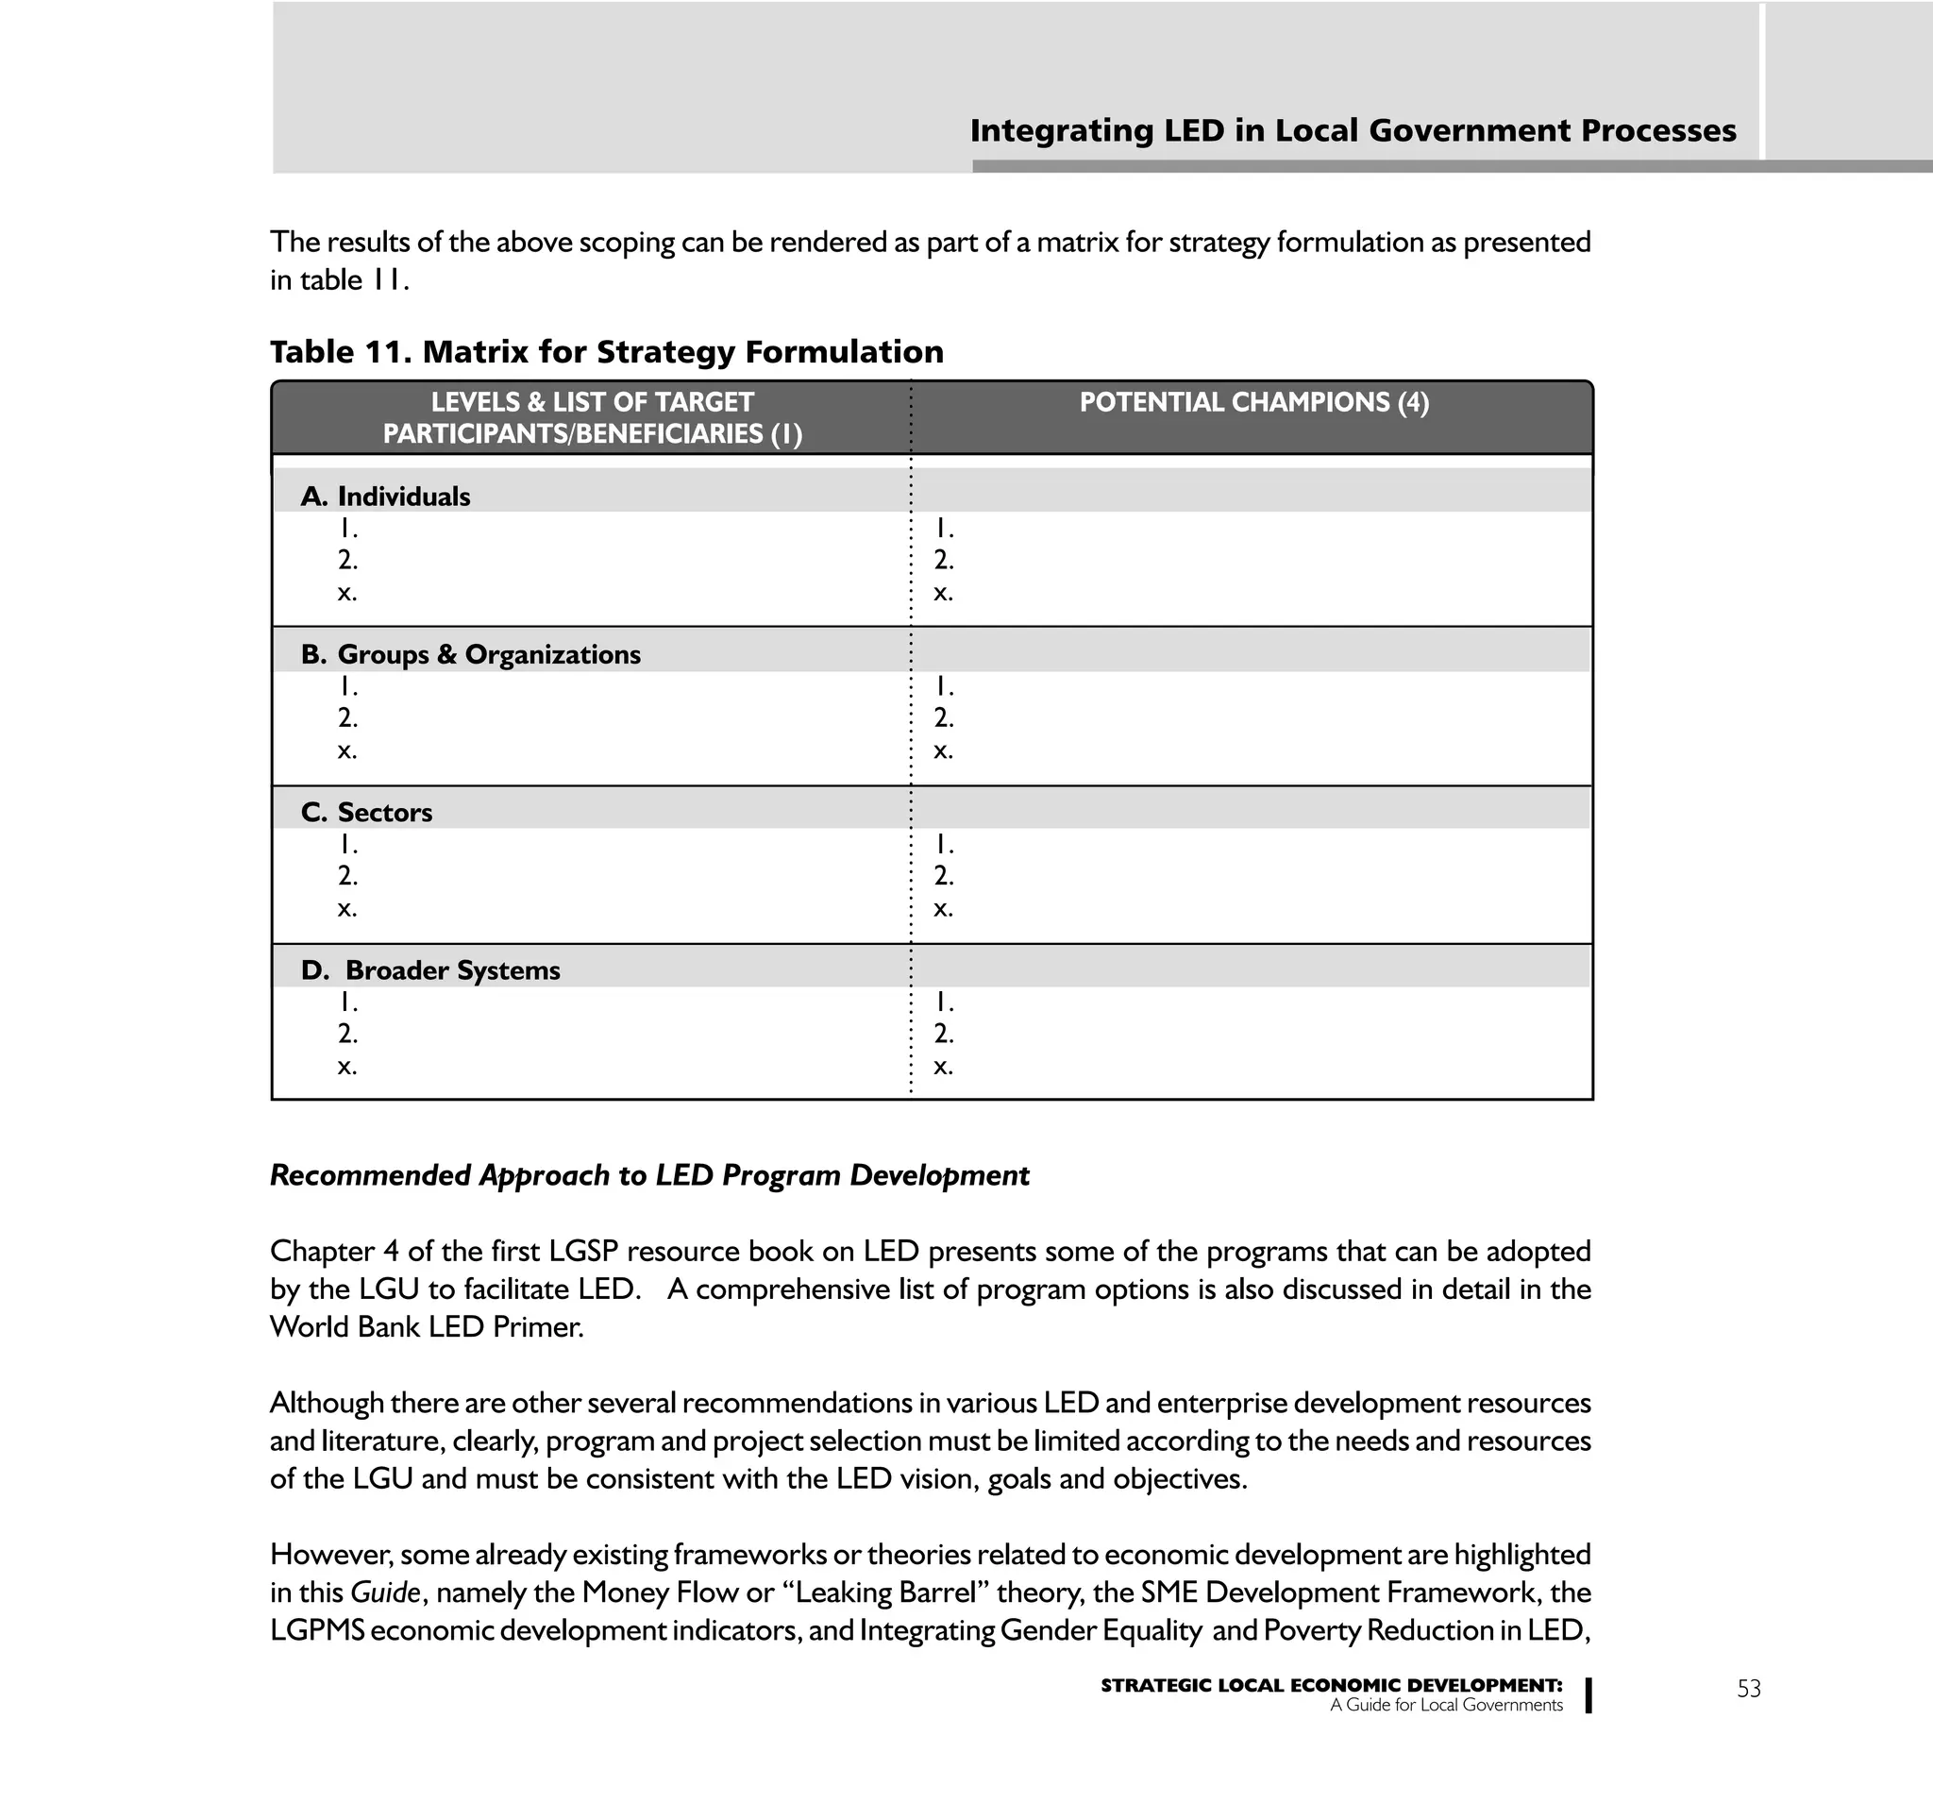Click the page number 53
[x=1747, y=1689]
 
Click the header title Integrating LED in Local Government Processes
[x=1353, y=130]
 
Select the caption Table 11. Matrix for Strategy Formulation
[x=606, y=352]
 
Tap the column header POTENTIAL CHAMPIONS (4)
[x=1253, y=402]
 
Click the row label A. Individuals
[x=385, y=497]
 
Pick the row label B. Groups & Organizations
[x=471, y=654]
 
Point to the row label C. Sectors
[x=366, y=813]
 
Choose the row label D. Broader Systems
[x=430, y=970]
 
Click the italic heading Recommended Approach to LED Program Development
[x=648, y=1175]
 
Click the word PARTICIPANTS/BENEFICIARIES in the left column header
[x=573, y=433]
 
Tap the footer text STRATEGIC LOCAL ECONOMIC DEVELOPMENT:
[x=1330, y=1686]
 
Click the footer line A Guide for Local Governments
[x=1445, y=1705]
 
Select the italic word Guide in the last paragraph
[x=385, y=1592]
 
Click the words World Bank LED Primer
[x=426, y=1327]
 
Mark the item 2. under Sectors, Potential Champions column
[x=943, y=876]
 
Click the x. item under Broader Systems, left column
[x=347, y=1067]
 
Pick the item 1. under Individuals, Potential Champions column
[x=943, y=529]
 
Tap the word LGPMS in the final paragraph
[x=317, y=1630]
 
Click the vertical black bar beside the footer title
[x=1588, y=1694]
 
